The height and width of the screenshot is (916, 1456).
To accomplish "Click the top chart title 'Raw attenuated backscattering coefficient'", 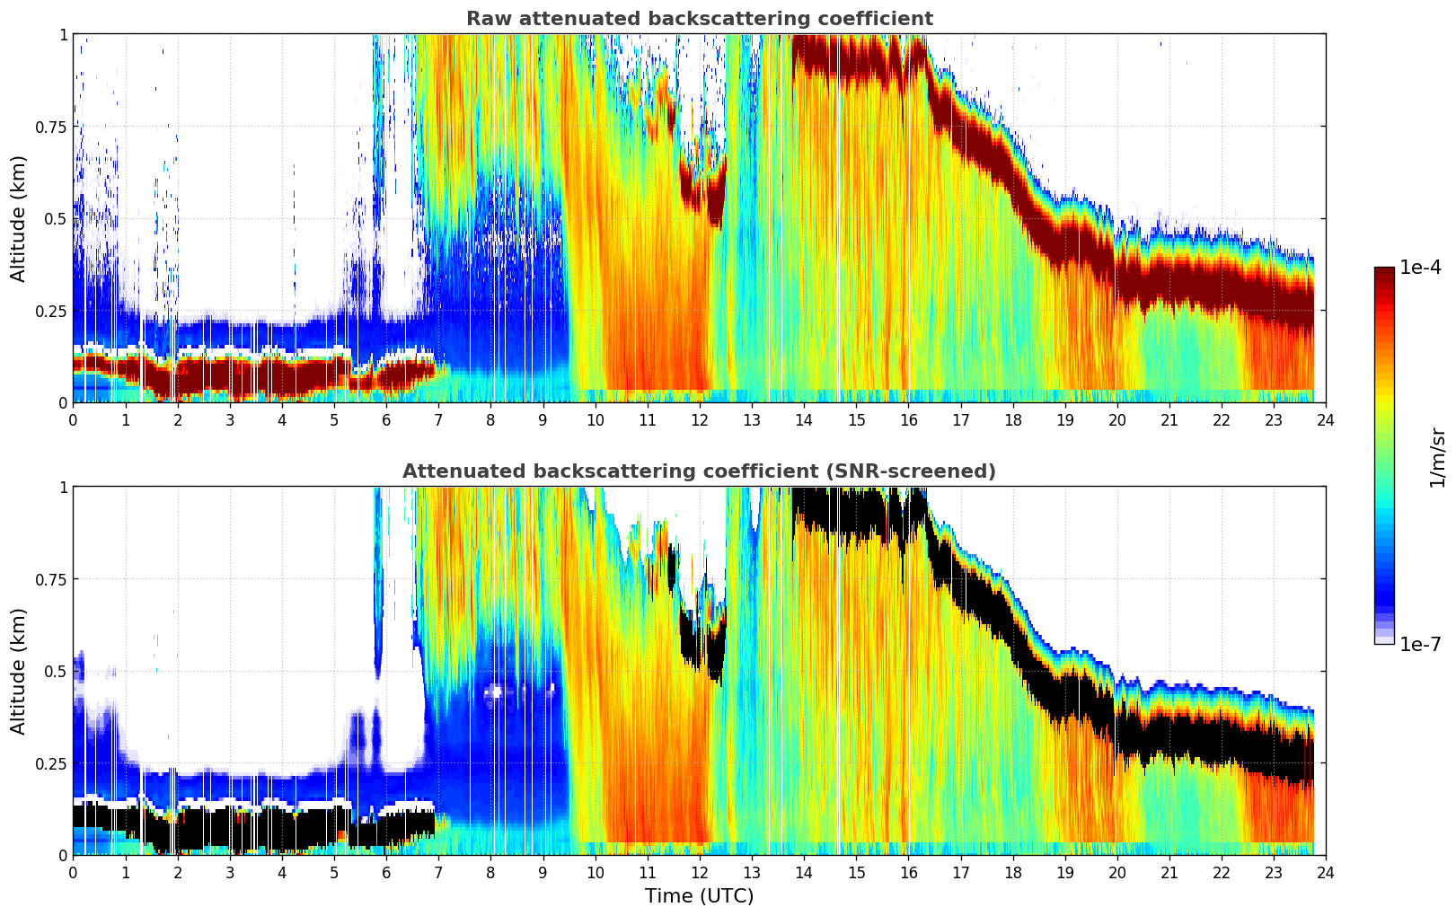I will pos(699,19).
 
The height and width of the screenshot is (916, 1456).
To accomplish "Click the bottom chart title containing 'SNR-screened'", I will pos(699,471).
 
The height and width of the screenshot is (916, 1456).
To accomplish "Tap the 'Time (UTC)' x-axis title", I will pos(699,896).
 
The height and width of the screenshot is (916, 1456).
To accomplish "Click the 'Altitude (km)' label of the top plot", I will pos(18,218).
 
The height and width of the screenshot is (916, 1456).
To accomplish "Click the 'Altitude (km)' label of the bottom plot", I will pos(18,671).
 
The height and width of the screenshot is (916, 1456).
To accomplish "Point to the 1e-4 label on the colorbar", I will pos(1420,268).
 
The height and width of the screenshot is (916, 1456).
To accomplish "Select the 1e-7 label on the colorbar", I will pos(1420,644).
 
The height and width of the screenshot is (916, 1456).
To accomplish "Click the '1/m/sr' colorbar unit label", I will pos(1437,457).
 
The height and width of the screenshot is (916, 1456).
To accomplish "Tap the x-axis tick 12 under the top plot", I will pos(699,419).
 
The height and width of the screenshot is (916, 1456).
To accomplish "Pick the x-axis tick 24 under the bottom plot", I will pos(1325,872).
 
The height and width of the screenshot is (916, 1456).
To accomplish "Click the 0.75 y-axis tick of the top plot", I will pos(51,127).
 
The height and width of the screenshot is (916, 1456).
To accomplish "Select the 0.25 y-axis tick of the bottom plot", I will pos(51,763).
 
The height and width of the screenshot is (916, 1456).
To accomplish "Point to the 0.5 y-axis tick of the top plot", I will pos(57,218).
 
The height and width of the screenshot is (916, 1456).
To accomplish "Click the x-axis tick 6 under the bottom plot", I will pos(386,872).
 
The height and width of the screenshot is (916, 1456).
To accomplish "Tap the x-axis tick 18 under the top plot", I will pos(1012,419).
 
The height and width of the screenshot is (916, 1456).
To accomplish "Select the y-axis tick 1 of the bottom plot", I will pos(63,488).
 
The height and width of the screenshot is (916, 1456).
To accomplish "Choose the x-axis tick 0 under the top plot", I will pos(74,419).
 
